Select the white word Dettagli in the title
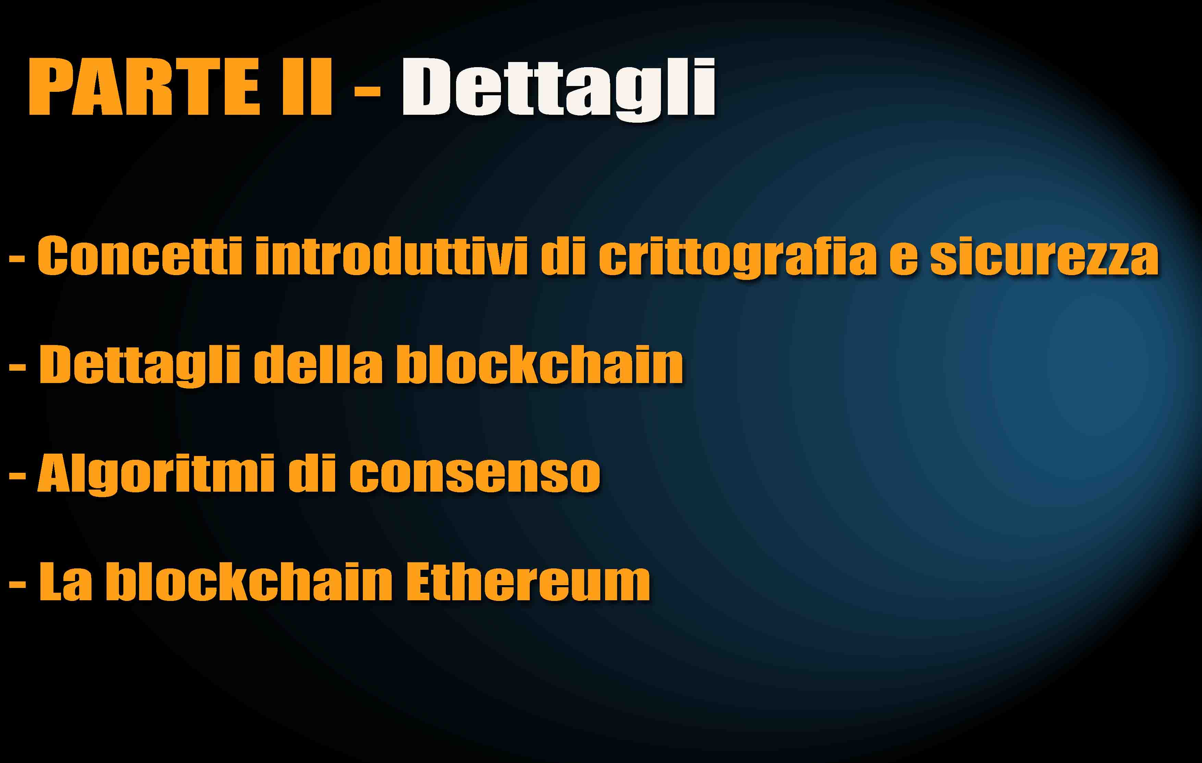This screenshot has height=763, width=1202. click(x=558, y=89)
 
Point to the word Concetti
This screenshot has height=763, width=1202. click(x=140, y=256)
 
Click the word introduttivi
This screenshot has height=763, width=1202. click(x=391, y=256)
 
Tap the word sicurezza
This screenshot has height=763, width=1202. click(x=1044, y=256)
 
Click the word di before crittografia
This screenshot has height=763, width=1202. click(x=563, y=256)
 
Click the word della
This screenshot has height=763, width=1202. click(x=318, y=364)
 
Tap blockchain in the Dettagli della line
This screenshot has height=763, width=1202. click(x=540, y=364)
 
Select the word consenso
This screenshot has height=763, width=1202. click(x=474, y=477)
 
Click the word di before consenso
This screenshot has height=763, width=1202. click(x=311, y=473)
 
